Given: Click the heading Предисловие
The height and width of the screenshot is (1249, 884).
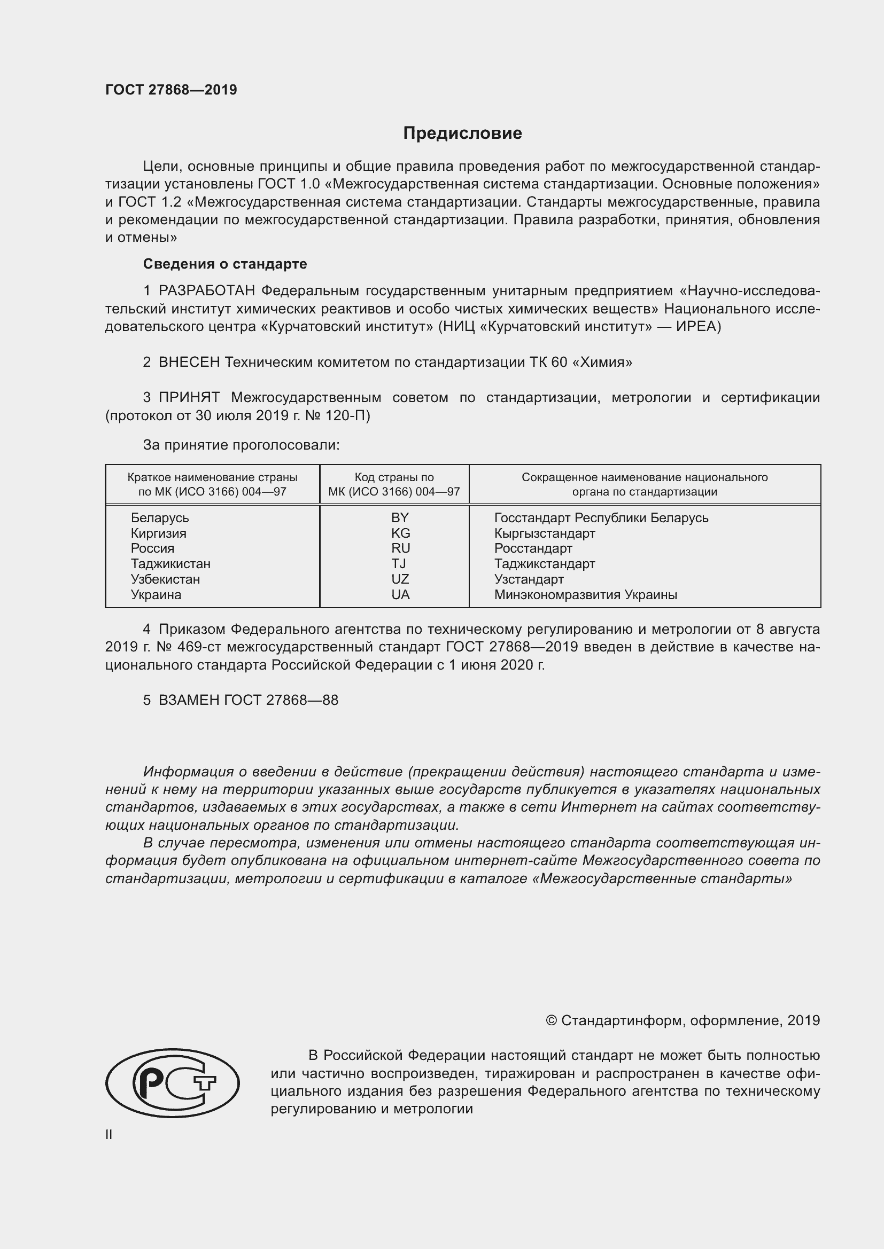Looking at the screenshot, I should [462, 133].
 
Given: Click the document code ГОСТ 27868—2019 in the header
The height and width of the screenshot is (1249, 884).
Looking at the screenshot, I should [171, 90].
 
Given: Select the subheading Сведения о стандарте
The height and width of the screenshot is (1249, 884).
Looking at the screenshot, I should [225, 264].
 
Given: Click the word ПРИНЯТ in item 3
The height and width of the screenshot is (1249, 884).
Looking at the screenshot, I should [189, 398].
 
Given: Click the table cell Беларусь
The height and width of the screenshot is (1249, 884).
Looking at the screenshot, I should [159, 518].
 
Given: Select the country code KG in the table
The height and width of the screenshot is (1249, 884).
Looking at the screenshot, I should [400, 533].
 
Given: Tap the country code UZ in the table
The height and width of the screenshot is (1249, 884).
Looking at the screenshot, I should [400, 579].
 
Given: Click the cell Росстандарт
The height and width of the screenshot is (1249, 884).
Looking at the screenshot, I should [533, 548].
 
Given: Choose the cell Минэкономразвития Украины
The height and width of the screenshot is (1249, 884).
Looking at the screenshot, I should [585, 594].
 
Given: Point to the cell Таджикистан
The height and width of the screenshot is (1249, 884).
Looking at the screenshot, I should [170, 563].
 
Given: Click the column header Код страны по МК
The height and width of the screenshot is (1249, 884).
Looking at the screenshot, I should [394, 485].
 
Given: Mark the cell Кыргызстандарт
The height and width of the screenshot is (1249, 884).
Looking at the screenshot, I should [544, 533].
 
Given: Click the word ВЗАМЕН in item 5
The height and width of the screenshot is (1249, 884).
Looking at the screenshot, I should [189, 700].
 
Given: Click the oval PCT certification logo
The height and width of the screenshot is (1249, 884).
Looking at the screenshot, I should [172, 1083].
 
